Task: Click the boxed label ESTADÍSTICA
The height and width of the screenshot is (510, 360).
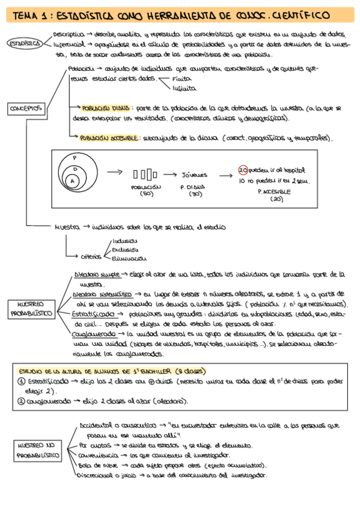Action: [x=24, y=43]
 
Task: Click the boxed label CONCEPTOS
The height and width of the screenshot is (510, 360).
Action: [x=26, y=108]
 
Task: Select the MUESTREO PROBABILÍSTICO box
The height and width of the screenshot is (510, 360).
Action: [x=31, y=309]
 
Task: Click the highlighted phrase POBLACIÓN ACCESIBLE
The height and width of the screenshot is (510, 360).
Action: [x=110, y=138]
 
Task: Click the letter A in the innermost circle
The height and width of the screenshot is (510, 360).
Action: [x=73, y=180]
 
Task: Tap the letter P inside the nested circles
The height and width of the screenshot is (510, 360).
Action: [x=75, y=158]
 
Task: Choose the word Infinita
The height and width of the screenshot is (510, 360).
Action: [x=184, y=88]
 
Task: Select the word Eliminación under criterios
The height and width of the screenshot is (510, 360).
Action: [x=129, y=259]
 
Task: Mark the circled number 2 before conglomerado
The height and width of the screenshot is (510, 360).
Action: [x=22, y=401]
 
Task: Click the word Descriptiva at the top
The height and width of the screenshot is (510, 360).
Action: [x=67, y=35]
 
